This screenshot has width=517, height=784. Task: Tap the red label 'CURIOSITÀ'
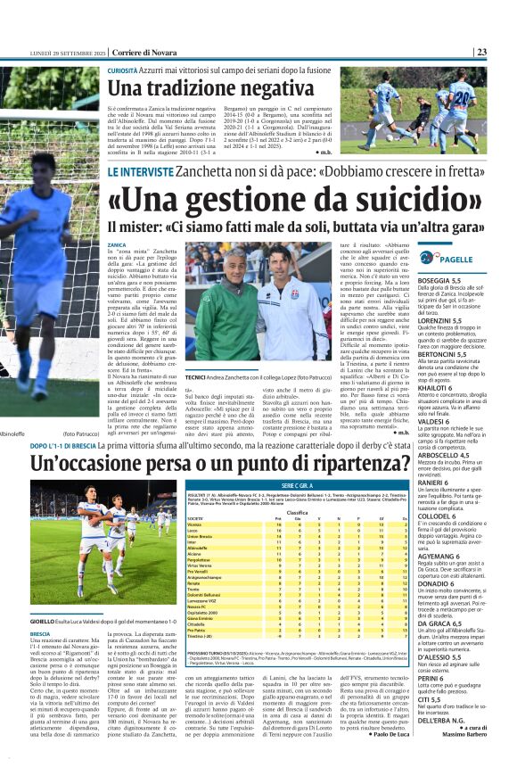123,70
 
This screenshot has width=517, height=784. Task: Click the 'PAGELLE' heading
456,259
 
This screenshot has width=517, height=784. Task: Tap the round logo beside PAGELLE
431,259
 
